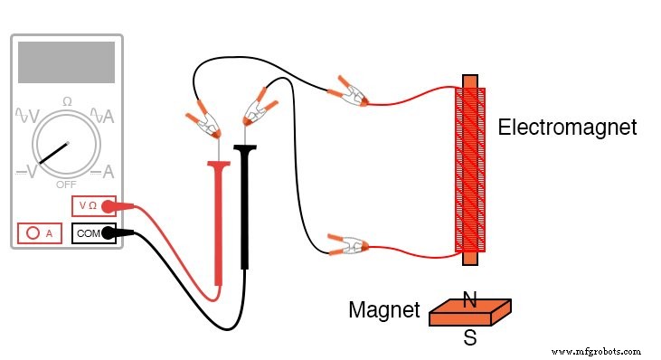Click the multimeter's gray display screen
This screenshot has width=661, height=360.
(66, 62)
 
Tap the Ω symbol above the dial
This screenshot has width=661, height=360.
(67, 101)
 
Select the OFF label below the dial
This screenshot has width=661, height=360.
(66, 184)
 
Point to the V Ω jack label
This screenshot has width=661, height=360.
(88, 206)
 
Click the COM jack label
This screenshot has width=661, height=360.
(89, 233)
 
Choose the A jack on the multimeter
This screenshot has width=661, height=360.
(39, 233)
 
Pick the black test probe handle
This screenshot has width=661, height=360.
(245, 208)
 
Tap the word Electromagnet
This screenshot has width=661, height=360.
(567, 128)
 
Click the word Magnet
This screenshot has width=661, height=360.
(384, 312)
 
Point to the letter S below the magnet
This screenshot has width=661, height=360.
(470, 339)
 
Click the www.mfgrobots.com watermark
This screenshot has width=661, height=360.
(595, 349)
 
